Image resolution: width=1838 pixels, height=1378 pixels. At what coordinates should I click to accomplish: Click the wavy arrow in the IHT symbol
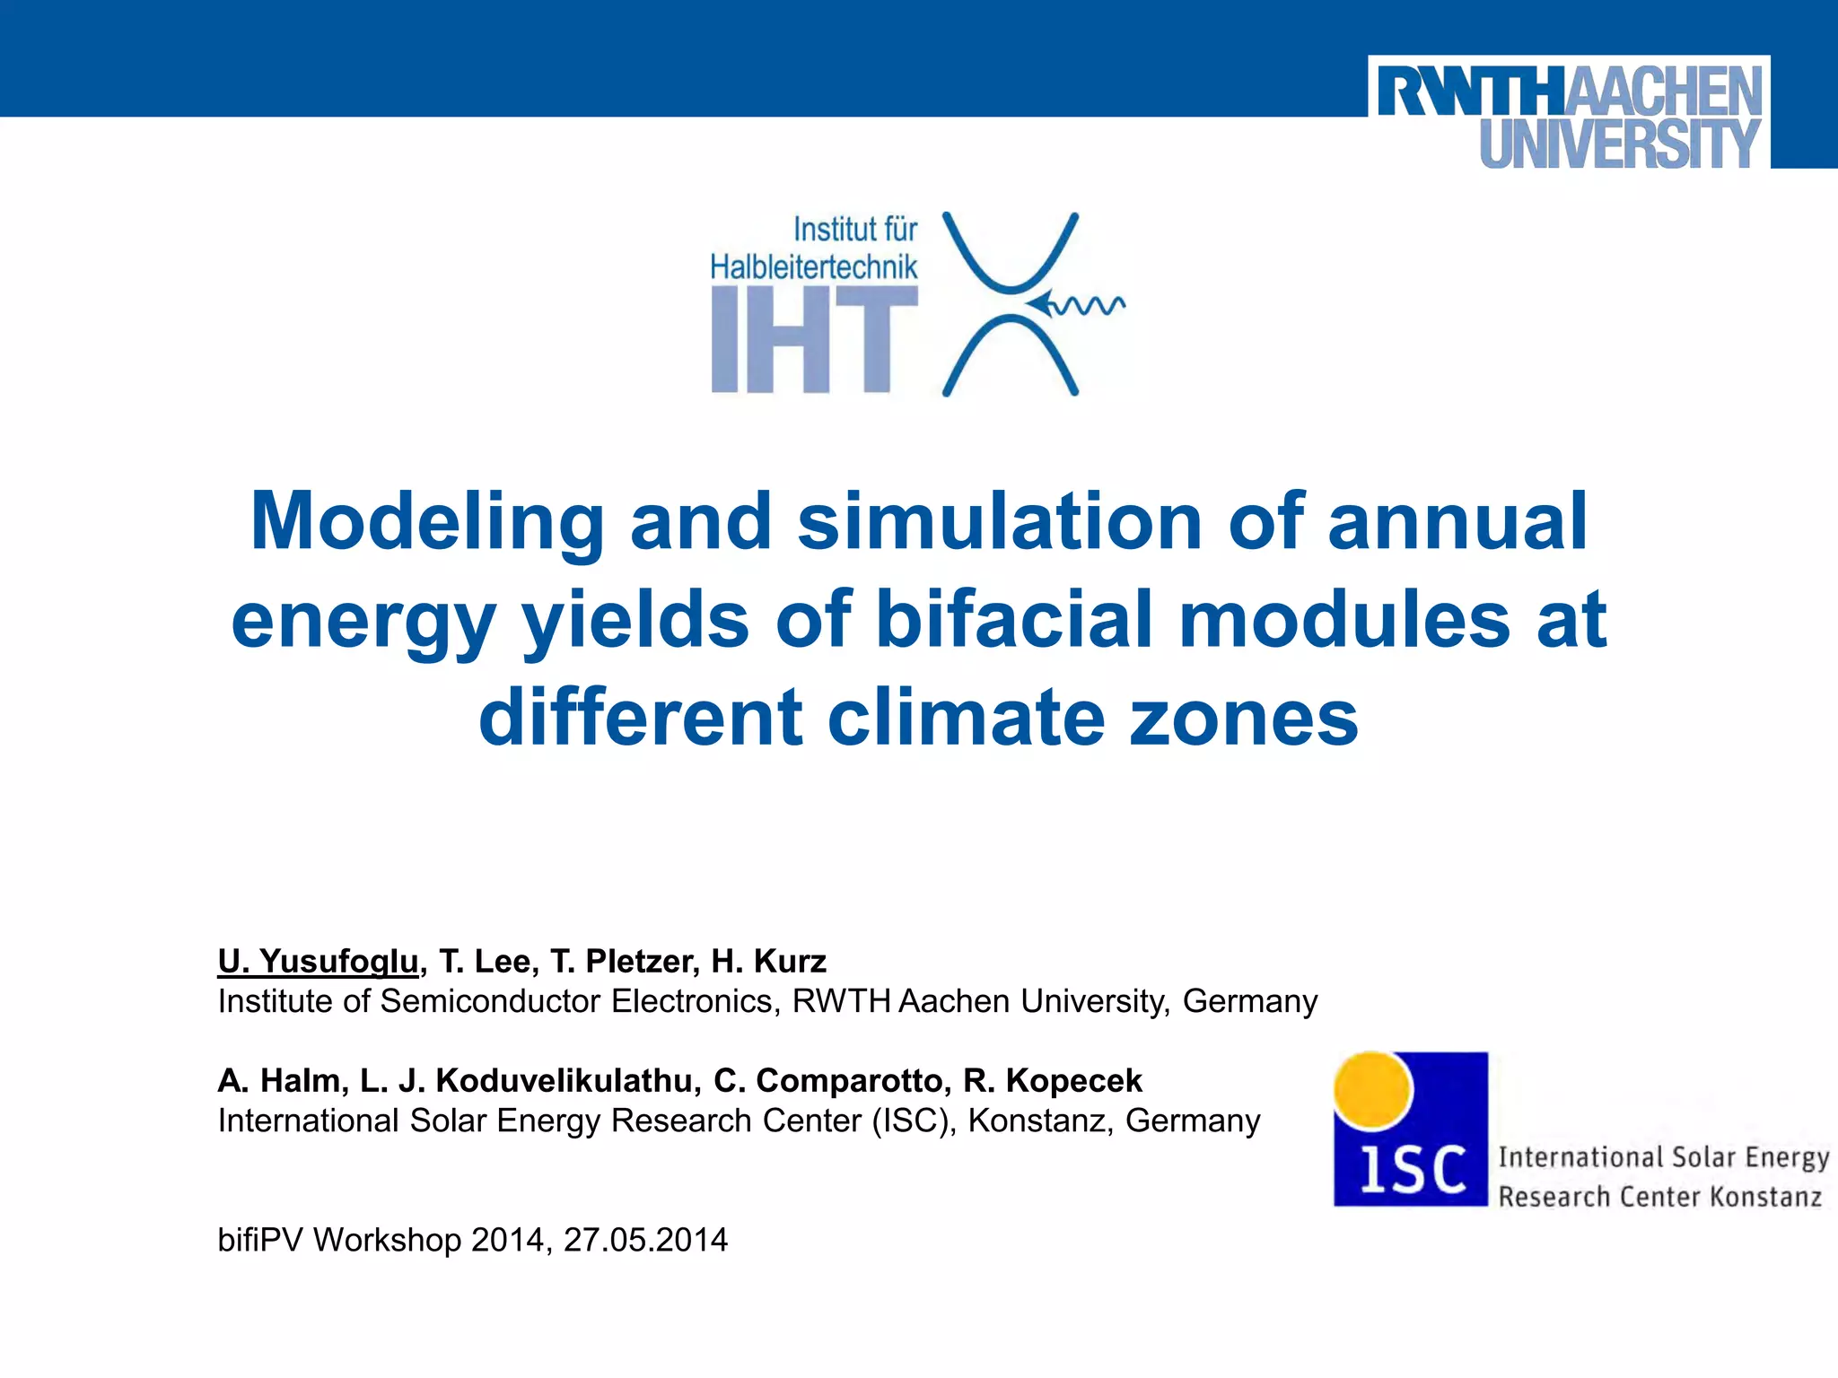[x=1077, y=305]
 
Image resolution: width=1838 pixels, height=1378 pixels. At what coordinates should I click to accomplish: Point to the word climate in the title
[x=966, y=718]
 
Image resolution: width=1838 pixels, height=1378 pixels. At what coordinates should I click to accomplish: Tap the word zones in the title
[x=1243, y=718]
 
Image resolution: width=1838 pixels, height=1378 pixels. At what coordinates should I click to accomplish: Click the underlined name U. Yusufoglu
[x=318, y=961]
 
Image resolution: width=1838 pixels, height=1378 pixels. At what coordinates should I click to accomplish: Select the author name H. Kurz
[x=768, y=961]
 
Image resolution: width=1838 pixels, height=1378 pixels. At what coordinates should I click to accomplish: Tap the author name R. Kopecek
[x=1053, y=1080]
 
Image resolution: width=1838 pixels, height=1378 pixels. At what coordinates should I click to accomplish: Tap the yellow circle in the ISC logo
[x=1372, y=1090]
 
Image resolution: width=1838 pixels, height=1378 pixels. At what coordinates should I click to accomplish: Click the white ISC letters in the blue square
[x=1412, y=1171]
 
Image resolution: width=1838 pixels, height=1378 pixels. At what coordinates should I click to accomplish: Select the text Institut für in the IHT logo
[x=854, y=230]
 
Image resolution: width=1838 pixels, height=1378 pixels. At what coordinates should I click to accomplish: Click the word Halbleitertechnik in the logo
[x=813, y=266]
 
